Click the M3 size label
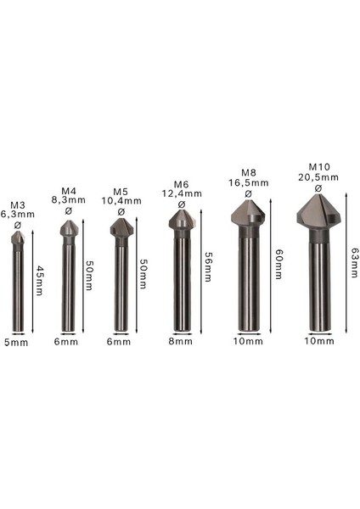(17, 204)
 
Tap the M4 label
(69, 189)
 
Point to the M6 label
(180, 184)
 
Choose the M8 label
(248, 171)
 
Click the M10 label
(318, 166)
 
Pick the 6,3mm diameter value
(18, 215)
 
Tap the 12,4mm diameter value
(180, 194)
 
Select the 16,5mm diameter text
(248, 182)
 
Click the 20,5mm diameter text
(318, 176)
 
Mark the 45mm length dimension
(38, 279)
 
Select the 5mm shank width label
(17, 343)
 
